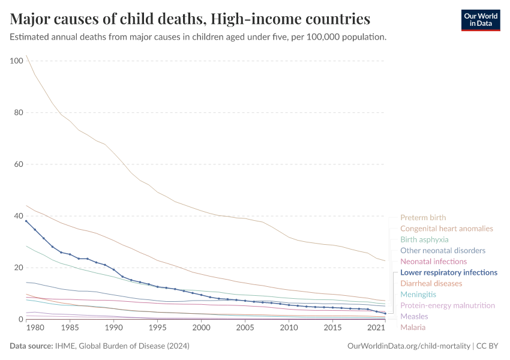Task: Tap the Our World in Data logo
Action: pyautogui.click(x=480, y=20)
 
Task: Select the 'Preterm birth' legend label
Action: pyautogui.click(x=423, y=218)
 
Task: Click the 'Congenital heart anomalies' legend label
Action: pyautogui.click(x=446, y=229)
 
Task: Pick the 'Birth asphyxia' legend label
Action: pyautogui.click(x=424, y=239)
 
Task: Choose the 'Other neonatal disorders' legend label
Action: pyautogui.click(x=443, y=251)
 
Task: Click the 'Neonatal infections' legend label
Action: pyautogui.click(x=433, y=262)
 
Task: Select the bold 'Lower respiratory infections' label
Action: pyautogui.click(x=449, y=272)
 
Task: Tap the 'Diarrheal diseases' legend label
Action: pyautogui.click(x=431, y=283)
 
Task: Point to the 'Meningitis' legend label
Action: pyautogui.click(x=418, y=295)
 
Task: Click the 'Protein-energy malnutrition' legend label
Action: pyautogui.click(x=448, y=305)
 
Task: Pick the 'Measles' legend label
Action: pyautogui.click(x=414, y=316)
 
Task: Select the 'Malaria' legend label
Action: pyautogui.click(x=413, y=327)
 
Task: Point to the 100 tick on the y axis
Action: pyautogui.click(x=16, y=61)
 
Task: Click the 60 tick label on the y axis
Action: pyautogui.click(x=18, y=164)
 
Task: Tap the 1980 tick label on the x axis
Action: pyautogui.click(x=35, y=328)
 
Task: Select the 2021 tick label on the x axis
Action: pyautogui.click(x=376, y=328)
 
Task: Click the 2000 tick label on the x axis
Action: pyautogui.click(x=201, y=328)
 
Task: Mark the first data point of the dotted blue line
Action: pyautogui.click(x=26, y=221)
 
